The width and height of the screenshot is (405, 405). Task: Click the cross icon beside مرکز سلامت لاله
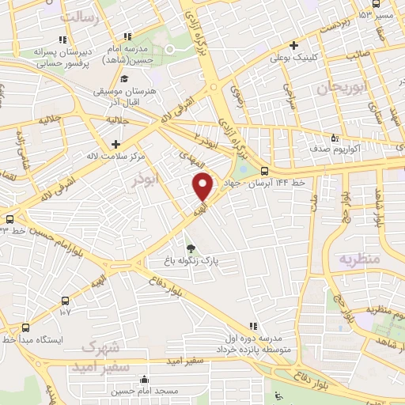(x=117, y=144)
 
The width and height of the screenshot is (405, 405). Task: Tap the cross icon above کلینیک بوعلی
(x=293, y=45)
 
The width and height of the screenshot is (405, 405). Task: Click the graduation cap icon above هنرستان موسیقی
(x=124, y=79)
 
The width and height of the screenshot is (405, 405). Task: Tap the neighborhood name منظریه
(x=360, y=259)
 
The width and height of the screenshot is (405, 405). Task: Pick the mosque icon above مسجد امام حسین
(x=143, y=378)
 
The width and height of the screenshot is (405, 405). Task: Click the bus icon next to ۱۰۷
(x=66, y=301)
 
